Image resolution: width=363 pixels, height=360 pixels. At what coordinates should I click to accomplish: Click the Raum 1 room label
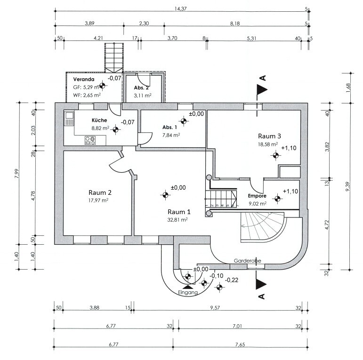coord(179,212)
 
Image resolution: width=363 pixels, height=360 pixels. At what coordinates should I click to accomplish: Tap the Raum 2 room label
coord(100,192)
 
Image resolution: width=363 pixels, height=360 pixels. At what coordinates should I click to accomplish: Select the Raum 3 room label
coord(269,136)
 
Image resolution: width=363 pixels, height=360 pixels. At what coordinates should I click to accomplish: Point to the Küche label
coord(99,120)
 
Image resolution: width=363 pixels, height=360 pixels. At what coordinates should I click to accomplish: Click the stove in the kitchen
coord(90,141)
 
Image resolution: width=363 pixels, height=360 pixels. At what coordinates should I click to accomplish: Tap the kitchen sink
coord(69,119)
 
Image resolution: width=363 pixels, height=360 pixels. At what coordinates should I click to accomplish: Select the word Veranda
coord(84,79)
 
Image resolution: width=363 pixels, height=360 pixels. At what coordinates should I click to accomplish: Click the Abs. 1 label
coord(169,127)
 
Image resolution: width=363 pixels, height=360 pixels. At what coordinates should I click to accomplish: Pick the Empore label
coord(257,196)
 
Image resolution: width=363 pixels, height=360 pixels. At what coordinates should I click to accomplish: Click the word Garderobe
coord(247,261)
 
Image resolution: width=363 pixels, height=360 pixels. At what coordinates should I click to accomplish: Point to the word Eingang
coord(188,292)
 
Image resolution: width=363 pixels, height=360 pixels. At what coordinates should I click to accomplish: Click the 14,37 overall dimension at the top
coord(181,9)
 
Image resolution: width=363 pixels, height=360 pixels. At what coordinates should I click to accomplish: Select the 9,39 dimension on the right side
coord(348,186)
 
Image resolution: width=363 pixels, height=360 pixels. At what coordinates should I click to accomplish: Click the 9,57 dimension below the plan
coord(215,308)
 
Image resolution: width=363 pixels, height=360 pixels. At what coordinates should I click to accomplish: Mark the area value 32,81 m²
coord(177,220)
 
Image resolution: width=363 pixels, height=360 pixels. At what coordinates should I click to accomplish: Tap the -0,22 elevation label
coord(232,280)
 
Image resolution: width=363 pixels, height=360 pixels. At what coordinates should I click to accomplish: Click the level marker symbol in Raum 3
coord(275,155)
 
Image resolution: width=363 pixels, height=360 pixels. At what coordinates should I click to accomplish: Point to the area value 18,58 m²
coord(268,144)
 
